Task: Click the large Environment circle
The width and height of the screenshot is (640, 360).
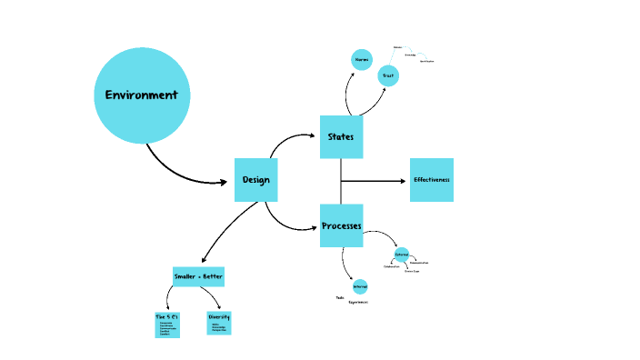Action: [x=142, y=95]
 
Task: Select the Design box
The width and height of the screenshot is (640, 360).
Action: [x=255, y=179]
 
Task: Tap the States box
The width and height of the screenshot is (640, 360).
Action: [x=341, y=137]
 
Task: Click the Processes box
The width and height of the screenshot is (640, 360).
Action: [x=341, y=225]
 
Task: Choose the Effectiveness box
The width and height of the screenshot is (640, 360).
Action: [x=432, y=180]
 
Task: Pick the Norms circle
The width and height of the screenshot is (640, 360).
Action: [x=361, y=59]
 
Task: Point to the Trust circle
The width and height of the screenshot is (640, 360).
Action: [x=388, y=75]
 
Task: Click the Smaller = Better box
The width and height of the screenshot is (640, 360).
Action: [x=198, y=276]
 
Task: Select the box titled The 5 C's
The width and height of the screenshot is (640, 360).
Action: [x=167, y=324]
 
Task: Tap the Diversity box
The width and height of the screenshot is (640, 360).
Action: [x=218, y=322]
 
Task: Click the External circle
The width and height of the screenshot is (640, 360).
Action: [x=402, y=254]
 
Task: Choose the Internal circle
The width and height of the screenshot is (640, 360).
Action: [x=360, y=286]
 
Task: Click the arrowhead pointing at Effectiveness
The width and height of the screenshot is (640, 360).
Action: [x=403, y=181]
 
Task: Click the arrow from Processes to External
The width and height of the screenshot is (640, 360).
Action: [x=382, y=236]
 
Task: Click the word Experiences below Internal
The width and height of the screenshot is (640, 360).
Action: [x=358, y=302]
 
